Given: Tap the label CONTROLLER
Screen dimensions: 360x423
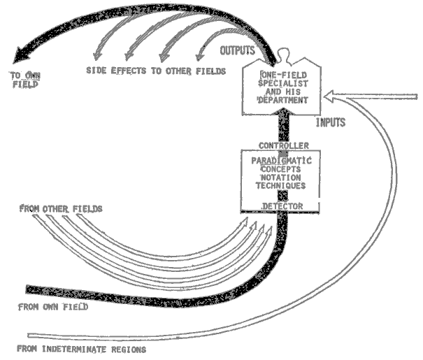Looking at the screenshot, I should pyautogui.click(x=280, y=145).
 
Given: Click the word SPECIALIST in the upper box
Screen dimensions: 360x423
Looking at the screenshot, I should pyautogui.click(x=280, y=82).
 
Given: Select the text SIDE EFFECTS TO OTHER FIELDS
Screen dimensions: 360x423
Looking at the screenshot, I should pyautogui.click(x=155, y=71).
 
